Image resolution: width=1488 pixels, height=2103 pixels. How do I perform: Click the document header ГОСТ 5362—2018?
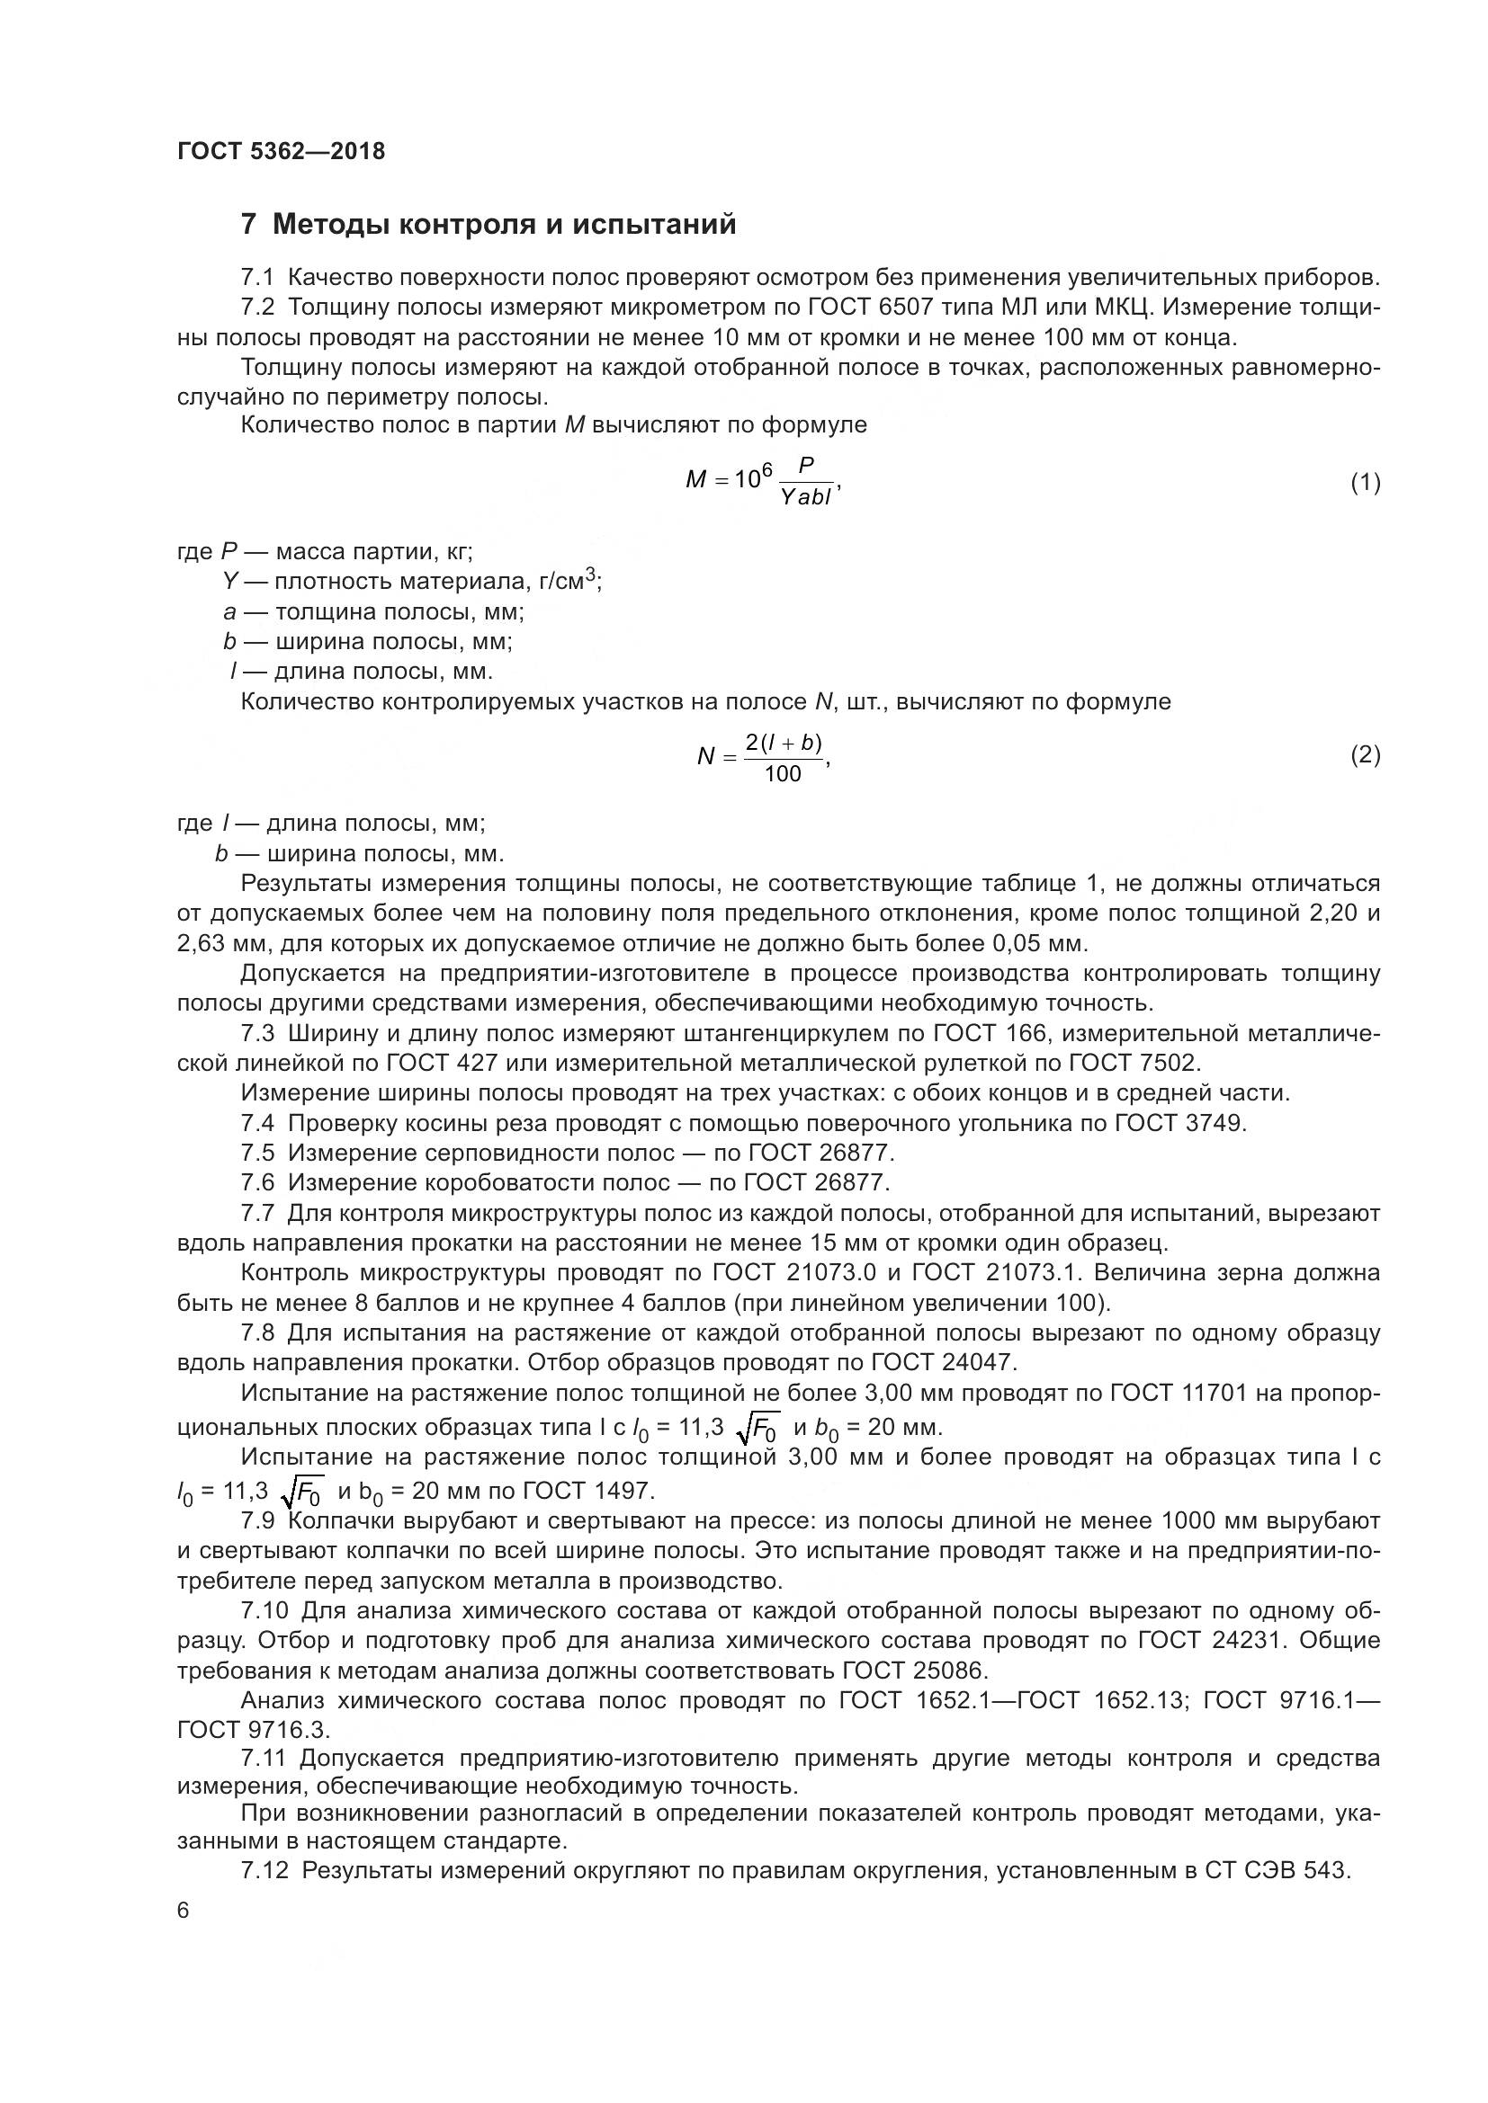(282, 151)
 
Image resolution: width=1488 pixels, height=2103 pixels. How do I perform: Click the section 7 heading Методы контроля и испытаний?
(489, 225)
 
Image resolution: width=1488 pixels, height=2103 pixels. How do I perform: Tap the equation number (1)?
(1366, 483)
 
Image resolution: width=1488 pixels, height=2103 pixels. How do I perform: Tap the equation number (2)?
(1366, 754)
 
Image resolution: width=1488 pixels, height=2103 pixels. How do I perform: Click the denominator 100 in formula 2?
(783, 774)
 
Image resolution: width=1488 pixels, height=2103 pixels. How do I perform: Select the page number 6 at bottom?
(184, 1911)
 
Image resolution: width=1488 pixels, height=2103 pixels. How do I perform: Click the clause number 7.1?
(257, 278)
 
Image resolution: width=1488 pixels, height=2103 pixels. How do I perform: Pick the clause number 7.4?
(257, 1123)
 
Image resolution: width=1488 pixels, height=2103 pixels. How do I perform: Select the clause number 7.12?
(264, 1870)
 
